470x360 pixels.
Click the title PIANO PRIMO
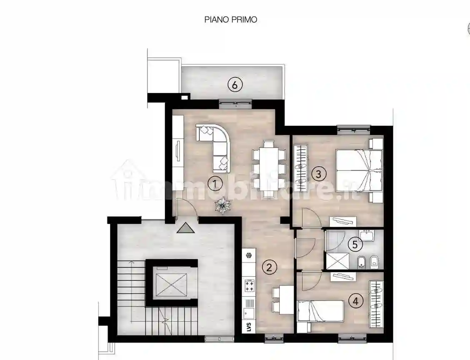pos(230,20)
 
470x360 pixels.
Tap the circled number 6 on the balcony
pos(235,85)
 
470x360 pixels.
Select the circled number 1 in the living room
pos(215,184)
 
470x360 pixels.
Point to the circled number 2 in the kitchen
pos(269,267)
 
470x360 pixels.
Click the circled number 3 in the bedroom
pos(318,174)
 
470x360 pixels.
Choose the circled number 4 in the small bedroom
pos(356,301)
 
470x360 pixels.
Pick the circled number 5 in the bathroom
pos(355,245)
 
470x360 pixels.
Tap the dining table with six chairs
pos(269,169)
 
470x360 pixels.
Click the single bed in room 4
pos(320,311)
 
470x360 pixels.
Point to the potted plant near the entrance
pos(222,205)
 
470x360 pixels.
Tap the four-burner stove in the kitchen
pos(250,286)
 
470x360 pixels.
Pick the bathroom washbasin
pos(367,235)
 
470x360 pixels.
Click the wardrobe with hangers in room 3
pos(300,168)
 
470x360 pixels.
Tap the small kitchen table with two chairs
pos(282,300)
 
